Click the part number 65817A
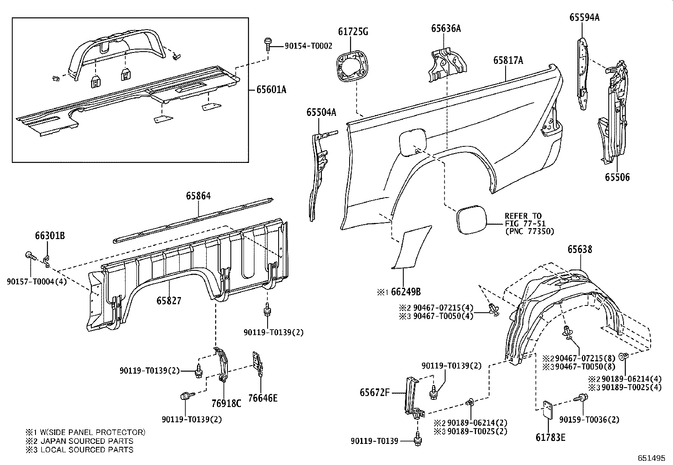[508, 61]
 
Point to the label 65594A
[584, 18]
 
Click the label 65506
[617, 177]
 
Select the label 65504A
[322, 112]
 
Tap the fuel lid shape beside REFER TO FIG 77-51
[471, 219]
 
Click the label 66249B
[405, 292]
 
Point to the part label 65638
[580, 250]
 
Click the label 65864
[198, 196]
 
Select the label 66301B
[49, 236]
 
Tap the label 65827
[169, 300]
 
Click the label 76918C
[226, 403]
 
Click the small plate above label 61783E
[548, 410]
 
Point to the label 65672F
[375, 392]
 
